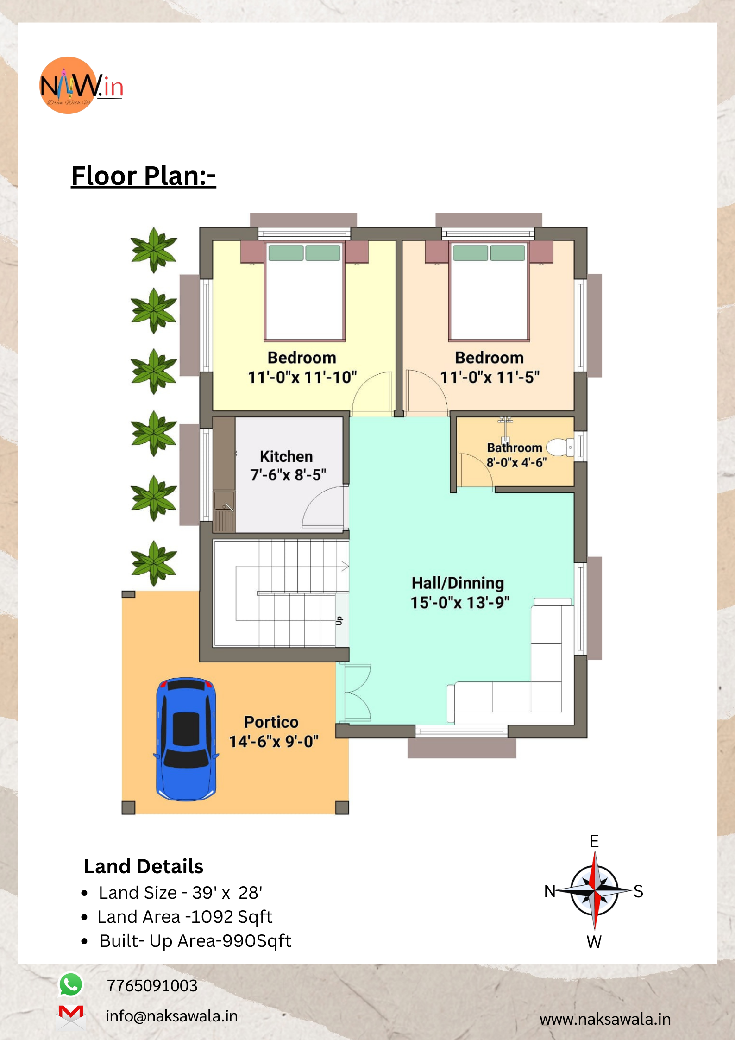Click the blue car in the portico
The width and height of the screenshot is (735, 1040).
pos(186,739)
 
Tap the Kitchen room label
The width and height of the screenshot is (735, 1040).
pos(286,456)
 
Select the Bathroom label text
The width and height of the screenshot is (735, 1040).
pos(515,448)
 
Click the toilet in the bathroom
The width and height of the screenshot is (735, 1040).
pos(560,448)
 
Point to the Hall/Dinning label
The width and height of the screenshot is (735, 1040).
pos(458,583)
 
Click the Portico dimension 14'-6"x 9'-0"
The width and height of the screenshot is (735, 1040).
pos(274,742)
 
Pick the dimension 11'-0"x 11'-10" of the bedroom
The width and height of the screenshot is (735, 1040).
pos(302,377)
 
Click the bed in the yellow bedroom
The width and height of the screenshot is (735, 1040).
pos(304,291)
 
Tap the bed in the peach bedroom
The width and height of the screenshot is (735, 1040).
pos(489,291)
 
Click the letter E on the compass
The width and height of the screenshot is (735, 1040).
pos(594,841)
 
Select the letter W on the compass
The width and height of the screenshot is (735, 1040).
pos(594,942)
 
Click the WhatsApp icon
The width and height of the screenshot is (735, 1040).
pos(71,984)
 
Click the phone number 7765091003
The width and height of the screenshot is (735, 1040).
pos(152,986)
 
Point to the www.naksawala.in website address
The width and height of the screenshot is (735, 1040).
pos(605,1019)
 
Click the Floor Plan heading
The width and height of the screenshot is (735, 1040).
pos(144,176)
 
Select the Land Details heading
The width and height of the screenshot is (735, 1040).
pos(144,866)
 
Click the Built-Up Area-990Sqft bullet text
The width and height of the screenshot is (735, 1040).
pos(195,941)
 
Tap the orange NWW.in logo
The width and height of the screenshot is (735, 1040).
pos(81,86)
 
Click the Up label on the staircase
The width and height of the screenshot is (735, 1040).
pos(339,621)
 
